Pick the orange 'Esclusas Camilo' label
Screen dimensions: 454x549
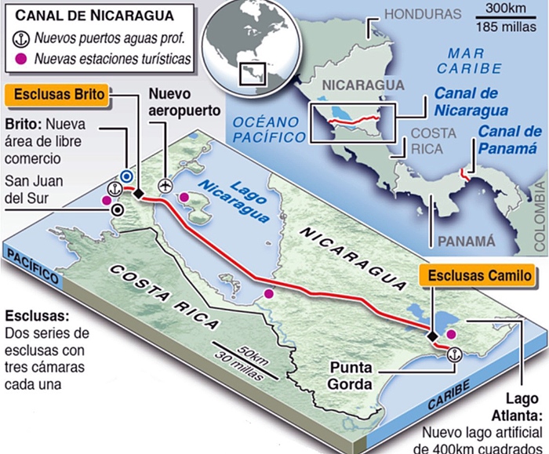(x=477, y=275)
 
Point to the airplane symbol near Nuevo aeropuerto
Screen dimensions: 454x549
(x=165, y=185)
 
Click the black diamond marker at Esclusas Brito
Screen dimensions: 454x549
(x=138, y=194)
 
